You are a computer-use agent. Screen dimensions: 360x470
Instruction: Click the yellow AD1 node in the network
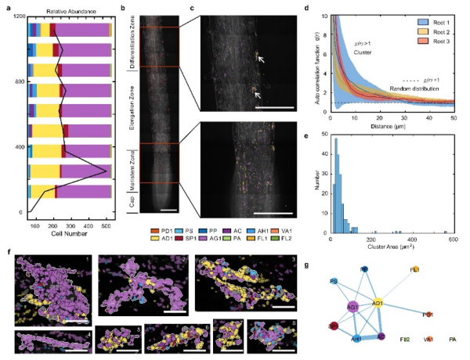(x=378, y=302)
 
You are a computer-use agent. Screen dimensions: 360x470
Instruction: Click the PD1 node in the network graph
(x=428, y=314)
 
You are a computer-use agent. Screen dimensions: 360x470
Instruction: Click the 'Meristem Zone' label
(x=131, y=162)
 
